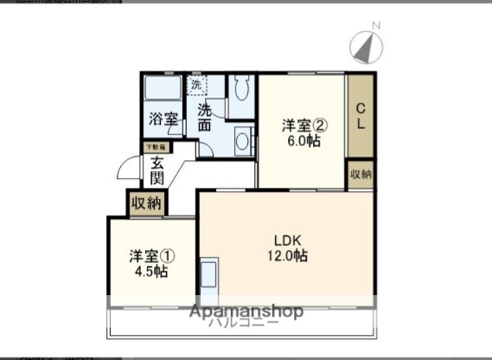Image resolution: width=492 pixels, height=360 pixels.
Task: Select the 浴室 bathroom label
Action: (x=162, y=119)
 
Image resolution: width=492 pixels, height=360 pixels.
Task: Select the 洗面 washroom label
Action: (x=204, y=118)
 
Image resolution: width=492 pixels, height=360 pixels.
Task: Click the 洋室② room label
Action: (x=301, y=125)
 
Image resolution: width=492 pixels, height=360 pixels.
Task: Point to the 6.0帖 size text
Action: (x=301, y=140)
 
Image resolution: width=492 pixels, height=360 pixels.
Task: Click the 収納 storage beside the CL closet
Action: (x=361, y=174)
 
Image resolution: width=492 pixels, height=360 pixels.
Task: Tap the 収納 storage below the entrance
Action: (x=146, y=203)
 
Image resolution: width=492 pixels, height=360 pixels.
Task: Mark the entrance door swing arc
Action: (x=127, y=166)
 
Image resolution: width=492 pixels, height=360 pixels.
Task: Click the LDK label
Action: (x=287, y=240)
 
